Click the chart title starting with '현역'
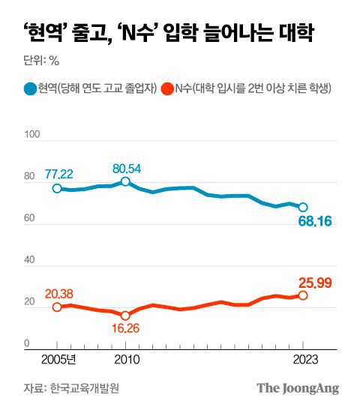168,34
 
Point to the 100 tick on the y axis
31,135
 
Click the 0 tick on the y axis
27,343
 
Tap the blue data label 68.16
310,222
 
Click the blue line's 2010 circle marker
125,181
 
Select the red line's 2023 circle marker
303,295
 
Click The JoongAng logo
298,388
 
